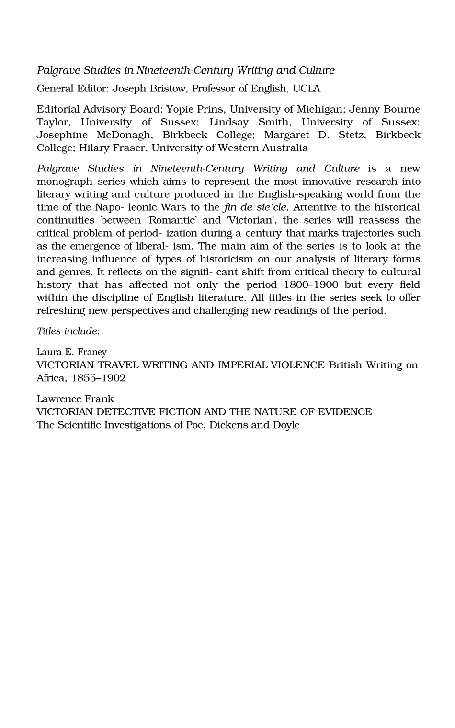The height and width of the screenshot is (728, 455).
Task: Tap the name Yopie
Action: coord(179,109)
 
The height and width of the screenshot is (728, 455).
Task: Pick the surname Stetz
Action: coord(352,135)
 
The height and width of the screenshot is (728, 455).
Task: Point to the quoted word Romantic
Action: coord(171,221)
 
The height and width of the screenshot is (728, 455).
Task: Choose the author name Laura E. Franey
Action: coord(71,353)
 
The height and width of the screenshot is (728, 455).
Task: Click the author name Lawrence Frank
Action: coord(75,399)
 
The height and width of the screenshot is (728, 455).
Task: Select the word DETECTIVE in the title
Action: coord(126,412)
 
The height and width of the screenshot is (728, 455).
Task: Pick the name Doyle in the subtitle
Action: coord(286,425)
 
